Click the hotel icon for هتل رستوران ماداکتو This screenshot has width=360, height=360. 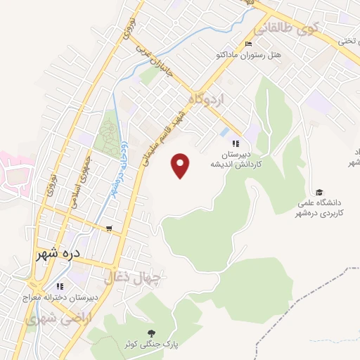(x=247, y=44)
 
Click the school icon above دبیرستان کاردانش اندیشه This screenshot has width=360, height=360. (x=225, y=143)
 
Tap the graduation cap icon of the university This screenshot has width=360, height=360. (x=319, y=193)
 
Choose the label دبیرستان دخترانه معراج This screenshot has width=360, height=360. (x=60, y=298)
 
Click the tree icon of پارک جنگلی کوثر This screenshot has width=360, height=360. (x=150, y=333)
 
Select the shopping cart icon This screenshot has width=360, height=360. (x=109, y=229)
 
